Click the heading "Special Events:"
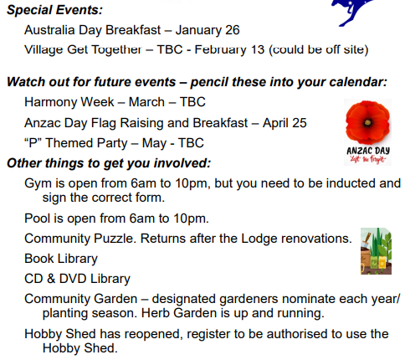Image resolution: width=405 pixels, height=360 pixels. pyautogui.click(x=55, y=10)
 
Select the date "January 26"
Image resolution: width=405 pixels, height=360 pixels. pyautogui.click(x=208, y=30)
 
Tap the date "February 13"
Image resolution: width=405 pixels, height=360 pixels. pyautogui.click(x=229, y=49)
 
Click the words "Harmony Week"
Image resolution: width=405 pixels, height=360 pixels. pyautogui.click(x=69, y=102)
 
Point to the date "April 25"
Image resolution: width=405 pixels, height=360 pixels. pyautogui.click(x=285, y=123)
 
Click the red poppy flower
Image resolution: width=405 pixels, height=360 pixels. pyautogui.click(x=367, y=122)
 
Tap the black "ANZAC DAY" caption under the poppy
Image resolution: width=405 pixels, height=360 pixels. pyautogui.click(x=368, y=151)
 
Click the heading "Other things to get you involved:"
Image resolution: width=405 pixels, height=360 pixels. pyautogui.click(x=109, y=163)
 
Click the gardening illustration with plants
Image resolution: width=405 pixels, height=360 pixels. pyautogui.click(x=376, y=251)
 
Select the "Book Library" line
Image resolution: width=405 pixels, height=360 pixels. pyautogui.click(x=61, y=259)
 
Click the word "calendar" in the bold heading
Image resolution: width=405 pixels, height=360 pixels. pyautogui.click(x=358, y=82)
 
